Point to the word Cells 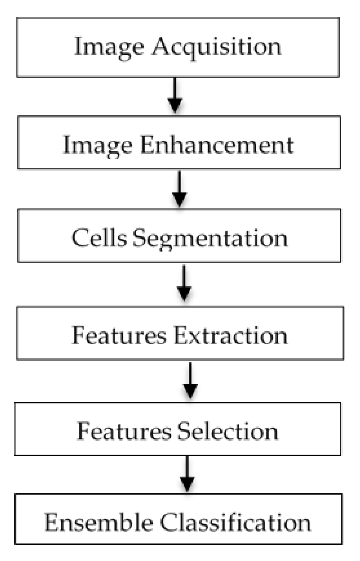[x=99, y=238]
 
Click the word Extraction [x=231, y=335]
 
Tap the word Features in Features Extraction [x=119, y=335]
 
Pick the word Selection [x=228, y=431]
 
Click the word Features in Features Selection [x=124, y=431]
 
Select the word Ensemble [x=99, y=522]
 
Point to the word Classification [x=235, y=522]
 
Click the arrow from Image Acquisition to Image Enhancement [x=175, y=95]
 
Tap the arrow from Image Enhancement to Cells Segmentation [x=179, y=189]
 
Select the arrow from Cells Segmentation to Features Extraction [x=184, y=283]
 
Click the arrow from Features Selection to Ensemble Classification [x=187, y=474]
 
